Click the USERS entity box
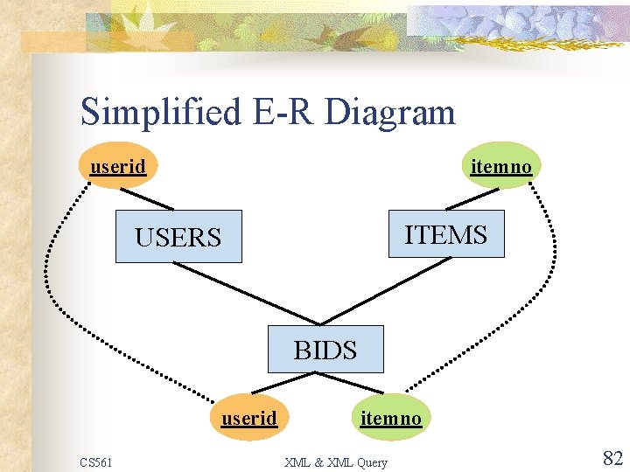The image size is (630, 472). pos(178,236)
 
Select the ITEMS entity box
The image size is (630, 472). pos(445,233)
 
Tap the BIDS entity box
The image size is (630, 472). pos(325,350)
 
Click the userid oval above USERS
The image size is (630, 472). pos(118,165)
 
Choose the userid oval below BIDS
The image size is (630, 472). pos(248,418)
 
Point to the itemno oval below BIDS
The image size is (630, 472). pos(390,418)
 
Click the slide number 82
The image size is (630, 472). pos(612,457)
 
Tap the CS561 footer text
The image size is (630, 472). pos(95,462)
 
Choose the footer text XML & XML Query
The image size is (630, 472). pos(335,462)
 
